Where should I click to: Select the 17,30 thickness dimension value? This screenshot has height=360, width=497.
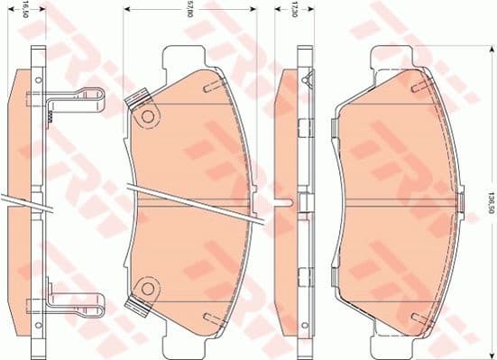pos(293,14)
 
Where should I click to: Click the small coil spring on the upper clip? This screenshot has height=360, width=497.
pos(52,114)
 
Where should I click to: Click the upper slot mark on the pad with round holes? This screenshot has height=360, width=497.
pos(209,88)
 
